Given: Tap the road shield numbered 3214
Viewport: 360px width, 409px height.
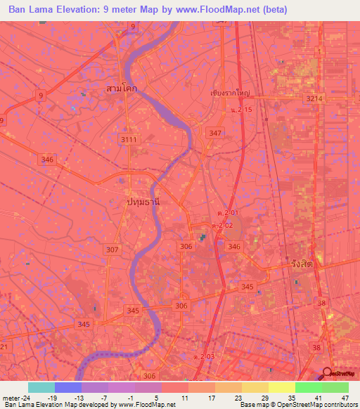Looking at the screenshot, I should click(x=315, y=99).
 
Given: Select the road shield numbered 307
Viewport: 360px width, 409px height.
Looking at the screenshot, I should click(x=112, y=249).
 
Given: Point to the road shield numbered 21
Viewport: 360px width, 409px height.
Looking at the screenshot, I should click(x=4, y=347).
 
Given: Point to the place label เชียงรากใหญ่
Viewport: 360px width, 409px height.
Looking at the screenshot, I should click(x=230, y=92).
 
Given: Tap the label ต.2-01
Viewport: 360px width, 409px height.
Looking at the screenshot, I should click(x=226, y=213).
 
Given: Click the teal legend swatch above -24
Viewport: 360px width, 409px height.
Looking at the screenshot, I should click(x=41, y=387).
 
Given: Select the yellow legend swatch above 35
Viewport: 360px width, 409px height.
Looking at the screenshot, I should click(x=282, y=387).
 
